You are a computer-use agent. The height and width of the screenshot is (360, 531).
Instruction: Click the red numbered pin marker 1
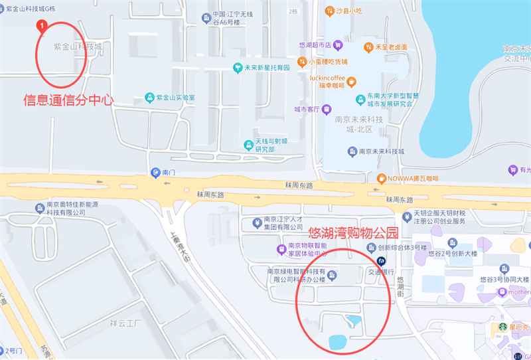pyautogui.click(x=42, y=27)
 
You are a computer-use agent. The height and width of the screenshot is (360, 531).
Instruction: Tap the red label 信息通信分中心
pyautogui.click(x=68, y=100)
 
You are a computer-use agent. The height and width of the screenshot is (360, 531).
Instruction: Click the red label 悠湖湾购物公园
pyautogui.click(x=354, y=233)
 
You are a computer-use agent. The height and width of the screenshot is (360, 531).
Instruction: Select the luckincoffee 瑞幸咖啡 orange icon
pyautogui.click(x=352, y=82)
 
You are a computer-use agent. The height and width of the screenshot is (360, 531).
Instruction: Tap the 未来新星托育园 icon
pyautogui.click(x=237, y=68)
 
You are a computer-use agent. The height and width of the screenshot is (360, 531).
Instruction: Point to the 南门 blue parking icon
pyautogui.click(x=155, y=172)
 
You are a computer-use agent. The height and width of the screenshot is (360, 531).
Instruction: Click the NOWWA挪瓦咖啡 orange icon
pyautogui.click(x=381, y=178)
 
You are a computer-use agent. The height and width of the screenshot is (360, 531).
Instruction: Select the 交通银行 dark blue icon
pyautogui.click(x=381, y=262)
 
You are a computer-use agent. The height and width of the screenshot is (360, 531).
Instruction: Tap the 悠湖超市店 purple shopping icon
pyautogui.click(x=338, y=45)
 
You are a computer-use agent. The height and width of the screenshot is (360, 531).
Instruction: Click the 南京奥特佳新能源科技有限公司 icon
pyautogui.click(x=40, y=208)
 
